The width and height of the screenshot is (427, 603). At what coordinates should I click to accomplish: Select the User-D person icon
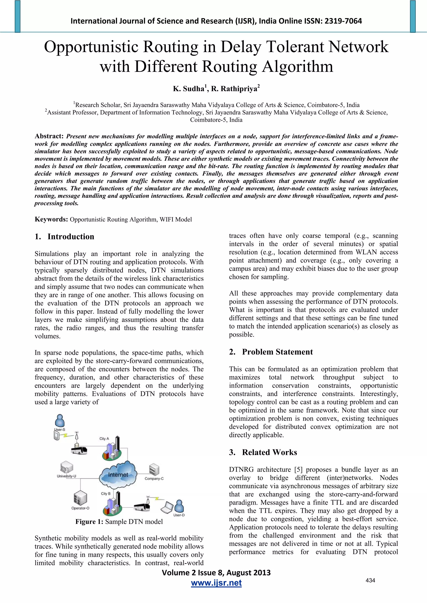(179, 506)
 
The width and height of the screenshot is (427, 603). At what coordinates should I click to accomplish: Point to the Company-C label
(154, 479)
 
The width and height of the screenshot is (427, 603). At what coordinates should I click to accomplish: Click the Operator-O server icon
(80, 498)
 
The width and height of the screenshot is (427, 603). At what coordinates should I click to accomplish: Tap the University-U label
(67, 476)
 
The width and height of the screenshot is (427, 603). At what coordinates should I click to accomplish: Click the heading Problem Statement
(277, 352)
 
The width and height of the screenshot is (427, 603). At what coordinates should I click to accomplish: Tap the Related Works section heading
(269, 452)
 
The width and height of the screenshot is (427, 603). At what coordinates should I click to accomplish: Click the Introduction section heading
(70, 237)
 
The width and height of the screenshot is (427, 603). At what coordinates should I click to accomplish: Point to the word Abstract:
(49, 136)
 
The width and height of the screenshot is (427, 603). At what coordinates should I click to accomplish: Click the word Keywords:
(51, 219)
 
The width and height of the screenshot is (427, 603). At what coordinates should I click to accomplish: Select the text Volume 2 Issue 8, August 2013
(216, 573)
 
